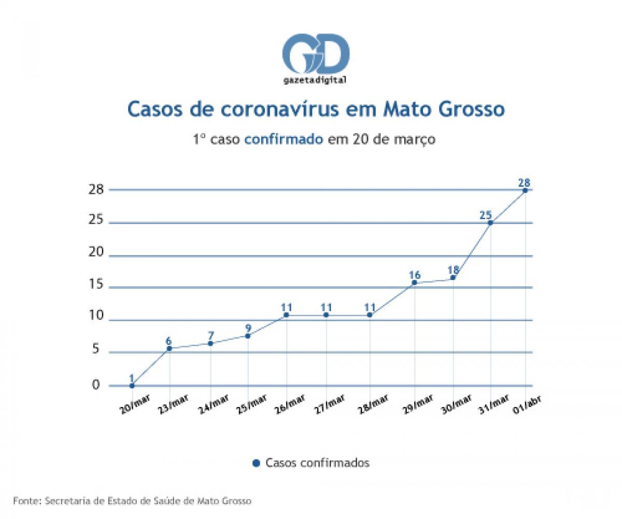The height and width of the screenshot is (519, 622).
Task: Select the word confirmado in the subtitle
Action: coord(285,139)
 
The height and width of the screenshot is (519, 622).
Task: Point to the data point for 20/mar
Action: coord(132,385)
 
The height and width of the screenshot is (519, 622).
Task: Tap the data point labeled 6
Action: coord(169,348)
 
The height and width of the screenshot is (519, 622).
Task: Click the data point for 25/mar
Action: coord(248,336)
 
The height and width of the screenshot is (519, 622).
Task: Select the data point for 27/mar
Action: coord(326,315)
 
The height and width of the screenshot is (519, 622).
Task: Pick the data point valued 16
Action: coord(414,283)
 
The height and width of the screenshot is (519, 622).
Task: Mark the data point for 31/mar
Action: coord(490,222)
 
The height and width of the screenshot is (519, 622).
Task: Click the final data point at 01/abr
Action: coord(525,190)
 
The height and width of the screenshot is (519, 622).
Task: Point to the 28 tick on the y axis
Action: coord(96,189)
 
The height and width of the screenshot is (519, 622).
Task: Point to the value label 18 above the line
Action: coord(453,270)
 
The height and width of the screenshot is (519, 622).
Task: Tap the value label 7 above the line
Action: coord(210,335)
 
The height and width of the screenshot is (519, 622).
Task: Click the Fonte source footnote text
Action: coord(133,501)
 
